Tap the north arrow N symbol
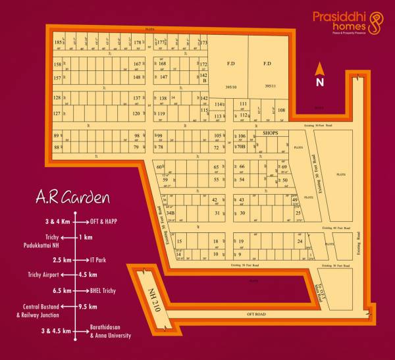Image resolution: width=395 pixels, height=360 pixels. [x=320, y=82]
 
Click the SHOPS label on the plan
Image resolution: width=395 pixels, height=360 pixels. [x=271, y=133]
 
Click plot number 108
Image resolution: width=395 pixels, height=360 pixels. [x=281, y=110]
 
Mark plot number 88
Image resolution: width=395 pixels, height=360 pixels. [x=57, y=147]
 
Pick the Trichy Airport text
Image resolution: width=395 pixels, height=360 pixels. [x=44, y=274]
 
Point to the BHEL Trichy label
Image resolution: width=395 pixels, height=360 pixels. [x=110, y=290]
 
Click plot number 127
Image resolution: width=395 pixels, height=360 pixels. [x=57, y=114]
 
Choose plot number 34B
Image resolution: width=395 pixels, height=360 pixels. [x=170, y=213]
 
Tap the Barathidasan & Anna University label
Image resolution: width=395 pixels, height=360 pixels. [x=112, y=330]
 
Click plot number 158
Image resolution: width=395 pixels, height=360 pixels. [x=57, y=64]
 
